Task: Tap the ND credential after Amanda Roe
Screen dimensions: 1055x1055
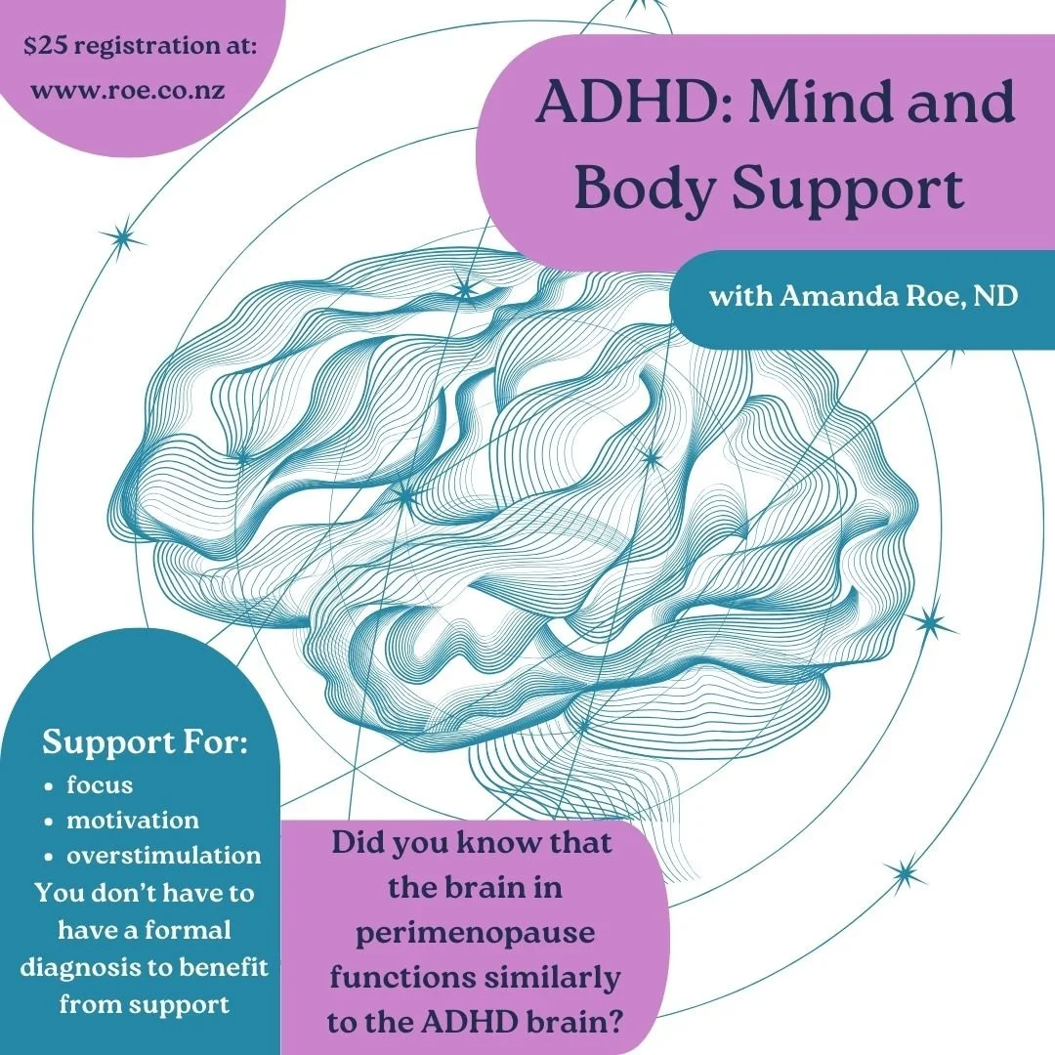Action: [996, 296]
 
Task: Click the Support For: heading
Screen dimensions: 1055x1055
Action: [145, 743]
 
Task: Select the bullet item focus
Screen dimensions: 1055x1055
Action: [100, 784]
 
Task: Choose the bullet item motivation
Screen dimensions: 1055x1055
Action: [132, 820]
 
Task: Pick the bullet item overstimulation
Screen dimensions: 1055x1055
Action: [163, 856]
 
